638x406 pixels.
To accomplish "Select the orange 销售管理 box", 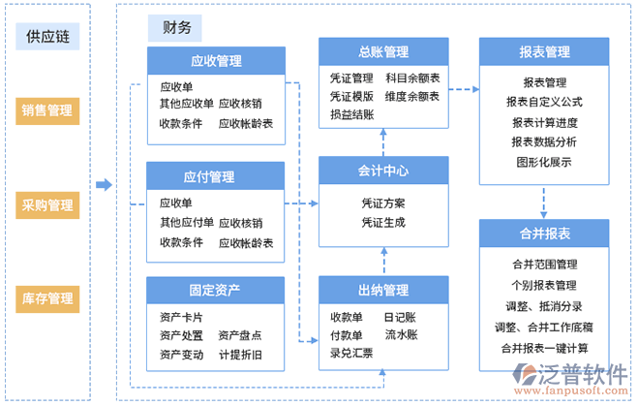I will pyautogui.click(x=46, y=110).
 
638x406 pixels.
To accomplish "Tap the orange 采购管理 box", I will pyautogui.click(x=46, y=205).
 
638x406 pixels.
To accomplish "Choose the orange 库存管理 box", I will pyautogui.click(x=46, y=298).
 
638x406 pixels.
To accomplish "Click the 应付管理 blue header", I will pyautogui.click(x=215, y=176).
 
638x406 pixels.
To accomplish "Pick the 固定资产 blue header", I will pyautogui.click(x=215, y=290).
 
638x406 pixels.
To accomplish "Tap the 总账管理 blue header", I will pyautogui.click(x=382, y=51).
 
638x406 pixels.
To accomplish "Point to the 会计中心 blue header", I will pyautogui.click(x=382, y=172).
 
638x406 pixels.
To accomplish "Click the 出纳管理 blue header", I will pyautogui.click(x=382, y=290).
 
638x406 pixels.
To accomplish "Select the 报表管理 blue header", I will pyautogui.click(x=543, y=51).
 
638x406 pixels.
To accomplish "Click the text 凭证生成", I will pyautogui.click(x=382, y=223).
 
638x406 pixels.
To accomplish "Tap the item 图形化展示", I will pyautogui.click(x=543, y=161).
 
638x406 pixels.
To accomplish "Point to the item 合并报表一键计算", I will pyautogui.click(x=543, y=347).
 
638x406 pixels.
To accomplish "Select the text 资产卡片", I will pyautogui.click(x=181, y=317).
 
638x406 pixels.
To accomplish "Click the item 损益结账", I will pyautogui.click(x=351, y=114).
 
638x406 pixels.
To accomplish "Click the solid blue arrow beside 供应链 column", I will pyautogui.click(x=104, y=184).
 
